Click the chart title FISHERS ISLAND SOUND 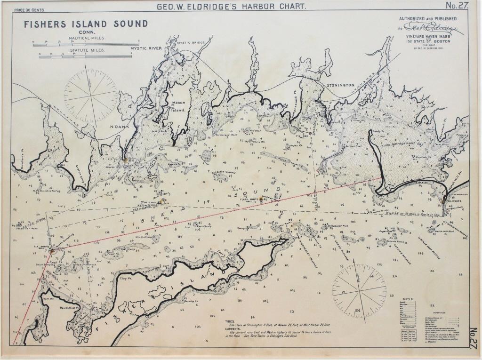pyautogui.click(x=86, y=24)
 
